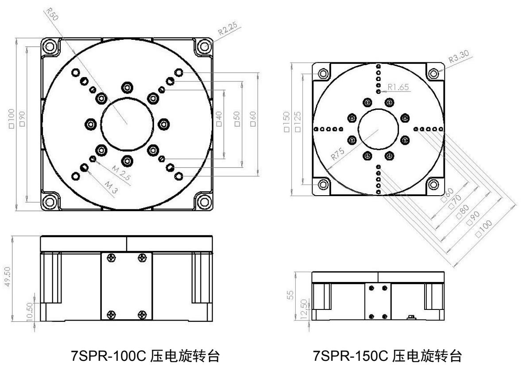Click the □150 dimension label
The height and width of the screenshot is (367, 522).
(286, 124)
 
